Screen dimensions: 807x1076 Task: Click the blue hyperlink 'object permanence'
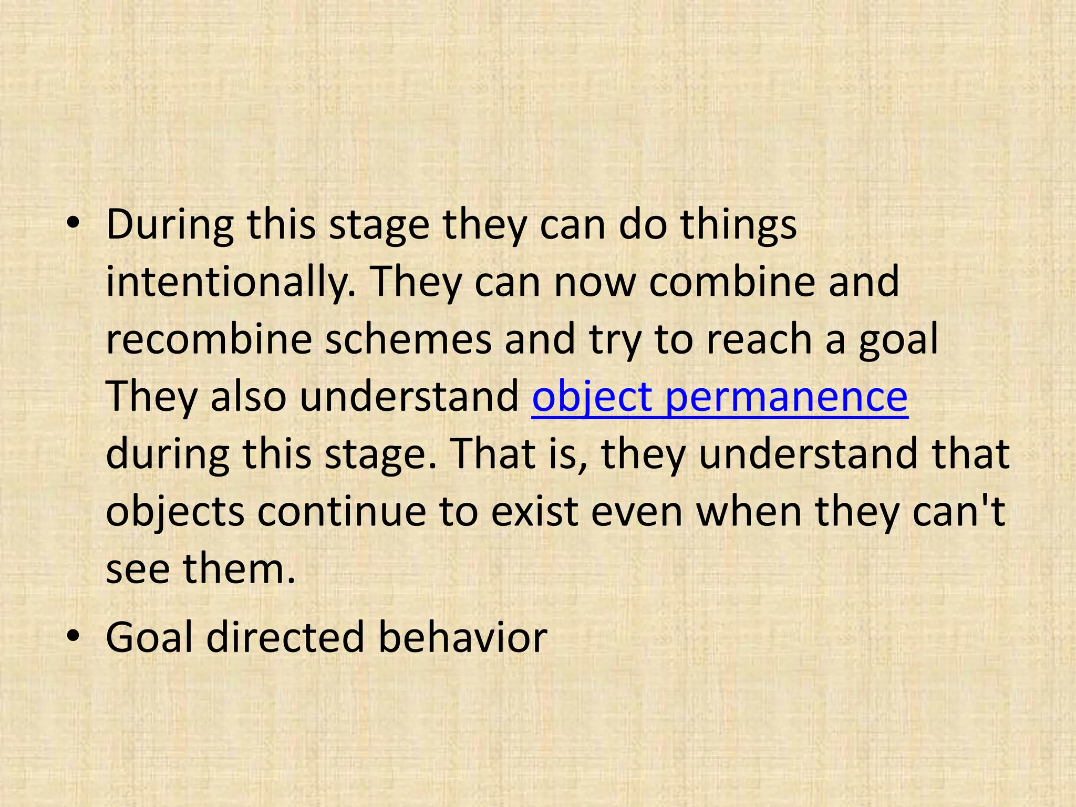(x=719, y=397)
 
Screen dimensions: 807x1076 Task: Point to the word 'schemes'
(x=408, y=339)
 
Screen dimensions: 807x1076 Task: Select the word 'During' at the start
(x=170, y=224)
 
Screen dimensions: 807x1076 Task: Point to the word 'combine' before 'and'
(x=732, y=282)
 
